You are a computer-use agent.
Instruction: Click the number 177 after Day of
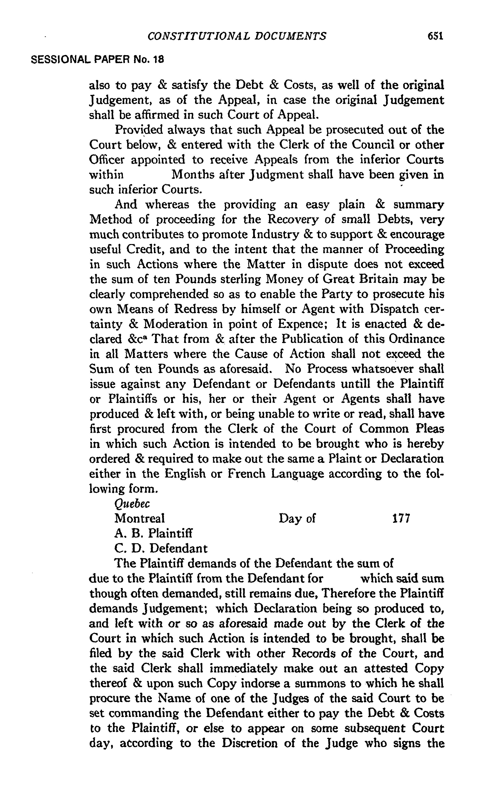pos(401,519)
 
